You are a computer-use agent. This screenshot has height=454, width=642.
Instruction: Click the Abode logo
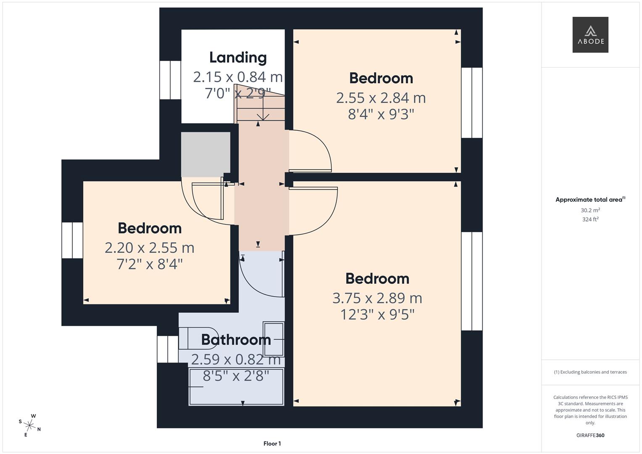click(590, 35)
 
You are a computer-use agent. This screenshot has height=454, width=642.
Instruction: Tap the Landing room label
click(238, 58)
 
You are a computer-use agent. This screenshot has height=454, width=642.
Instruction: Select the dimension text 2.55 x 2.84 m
click(381, 98)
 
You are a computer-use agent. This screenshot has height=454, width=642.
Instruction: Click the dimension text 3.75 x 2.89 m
click(377, 298)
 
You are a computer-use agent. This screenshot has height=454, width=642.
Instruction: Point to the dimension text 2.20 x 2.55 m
click(149, 248)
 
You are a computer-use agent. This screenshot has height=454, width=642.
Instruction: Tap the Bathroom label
click(236, 340)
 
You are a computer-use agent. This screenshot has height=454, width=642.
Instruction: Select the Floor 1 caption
click(272, 443)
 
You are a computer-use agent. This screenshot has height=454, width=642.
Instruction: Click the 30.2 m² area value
click(590, 210)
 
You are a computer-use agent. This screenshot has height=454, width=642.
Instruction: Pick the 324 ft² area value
click(590, 219)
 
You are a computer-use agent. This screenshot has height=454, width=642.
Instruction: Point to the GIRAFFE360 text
click(590, 436)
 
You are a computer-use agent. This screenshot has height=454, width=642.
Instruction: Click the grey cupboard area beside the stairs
click(206, 154)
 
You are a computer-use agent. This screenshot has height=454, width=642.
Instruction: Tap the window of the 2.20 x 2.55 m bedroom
click(72, 240)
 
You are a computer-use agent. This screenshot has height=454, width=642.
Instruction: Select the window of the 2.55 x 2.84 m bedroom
click(472, 103)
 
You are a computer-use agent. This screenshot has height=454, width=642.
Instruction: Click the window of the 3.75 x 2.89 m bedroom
click(472, 281)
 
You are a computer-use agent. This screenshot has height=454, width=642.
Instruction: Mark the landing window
click(170, 80)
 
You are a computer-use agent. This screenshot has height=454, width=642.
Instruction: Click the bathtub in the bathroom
click(236, 387)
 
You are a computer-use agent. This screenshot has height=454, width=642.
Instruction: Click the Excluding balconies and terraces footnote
click(590, 372)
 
